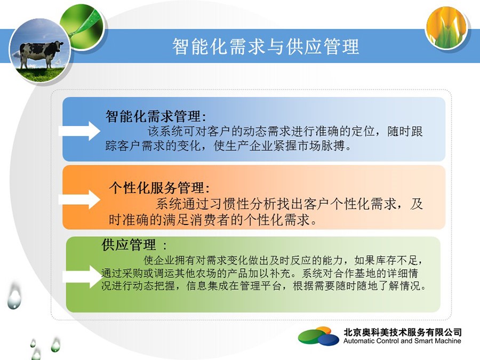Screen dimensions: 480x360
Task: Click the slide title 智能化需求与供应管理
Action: [x=266, y=46]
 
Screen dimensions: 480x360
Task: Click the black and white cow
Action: [x=41, y=53]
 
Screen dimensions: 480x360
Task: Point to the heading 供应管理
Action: [x=129, y=245]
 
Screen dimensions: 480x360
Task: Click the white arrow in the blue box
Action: [x=79, y=131]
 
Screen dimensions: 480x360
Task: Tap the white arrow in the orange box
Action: [x=79, y=199]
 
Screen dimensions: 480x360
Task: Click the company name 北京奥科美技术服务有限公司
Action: [x=402, y=332]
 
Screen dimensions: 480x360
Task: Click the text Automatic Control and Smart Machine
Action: [x=402, y=341]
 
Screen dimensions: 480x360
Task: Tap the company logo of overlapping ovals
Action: [x=319, y=336]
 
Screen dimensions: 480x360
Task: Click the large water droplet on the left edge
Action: [x=14, y=295]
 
